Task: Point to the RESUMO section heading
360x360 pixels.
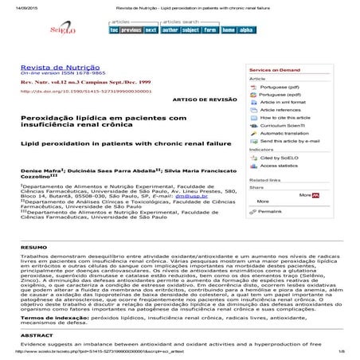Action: tap(30, 248)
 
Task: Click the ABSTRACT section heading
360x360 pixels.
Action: tap(33, 336)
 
